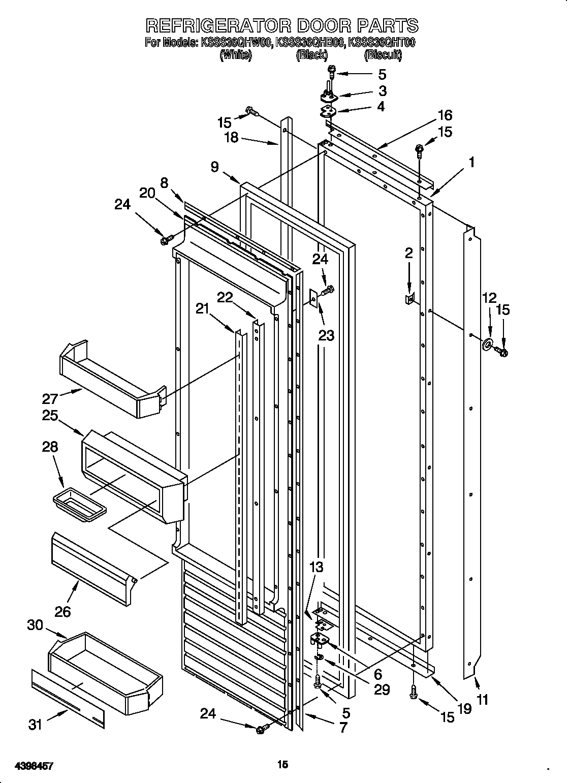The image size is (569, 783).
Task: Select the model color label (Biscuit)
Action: point(383,55)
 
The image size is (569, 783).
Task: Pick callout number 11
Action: point(482,700)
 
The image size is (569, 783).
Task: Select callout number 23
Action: point(327,336)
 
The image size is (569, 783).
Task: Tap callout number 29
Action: point(382,689)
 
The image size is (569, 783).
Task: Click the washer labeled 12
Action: point(487,346)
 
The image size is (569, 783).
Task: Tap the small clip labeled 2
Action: point(408,299)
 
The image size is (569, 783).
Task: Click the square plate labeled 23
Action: point(314,299)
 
